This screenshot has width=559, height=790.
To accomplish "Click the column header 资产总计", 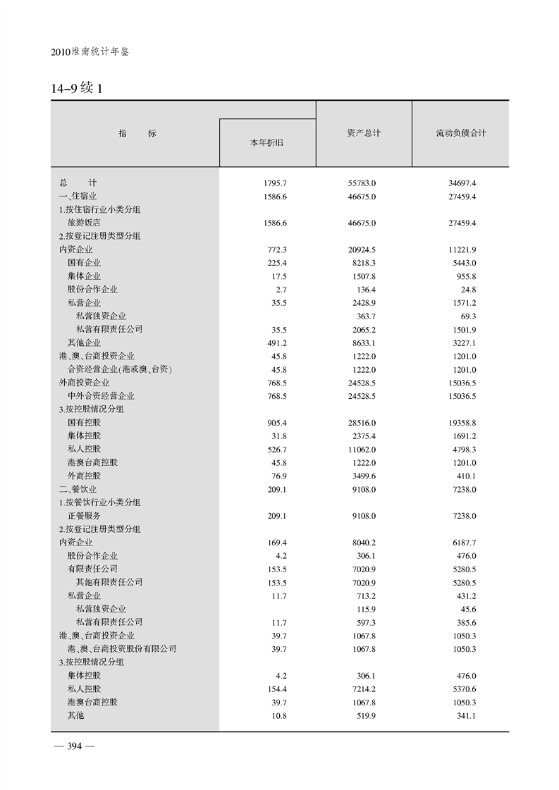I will point(363,133).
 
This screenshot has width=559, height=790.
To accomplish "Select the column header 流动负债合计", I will point(461,133).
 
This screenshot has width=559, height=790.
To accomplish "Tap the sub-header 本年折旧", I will point(267,143).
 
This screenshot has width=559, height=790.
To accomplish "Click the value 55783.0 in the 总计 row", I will point(363,183).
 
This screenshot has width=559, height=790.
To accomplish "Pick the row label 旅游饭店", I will point(84,223).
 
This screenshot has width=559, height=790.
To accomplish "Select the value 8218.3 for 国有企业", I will point(363,263).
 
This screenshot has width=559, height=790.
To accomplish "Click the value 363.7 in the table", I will point(367,316).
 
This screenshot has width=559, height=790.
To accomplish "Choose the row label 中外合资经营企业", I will point(101,395).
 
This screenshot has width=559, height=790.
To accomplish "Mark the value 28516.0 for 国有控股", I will point(363,422).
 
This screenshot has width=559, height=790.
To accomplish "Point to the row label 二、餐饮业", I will point(78,489).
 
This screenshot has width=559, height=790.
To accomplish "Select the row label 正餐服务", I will point(84,516).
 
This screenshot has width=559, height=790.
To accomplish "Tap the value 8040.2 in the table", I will point(363,543).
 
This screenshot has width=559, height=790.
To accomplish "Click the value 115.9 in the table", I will point(367,609).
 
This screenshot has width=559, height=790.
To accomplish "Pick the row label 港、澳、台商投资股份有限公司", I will point(122,648).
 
